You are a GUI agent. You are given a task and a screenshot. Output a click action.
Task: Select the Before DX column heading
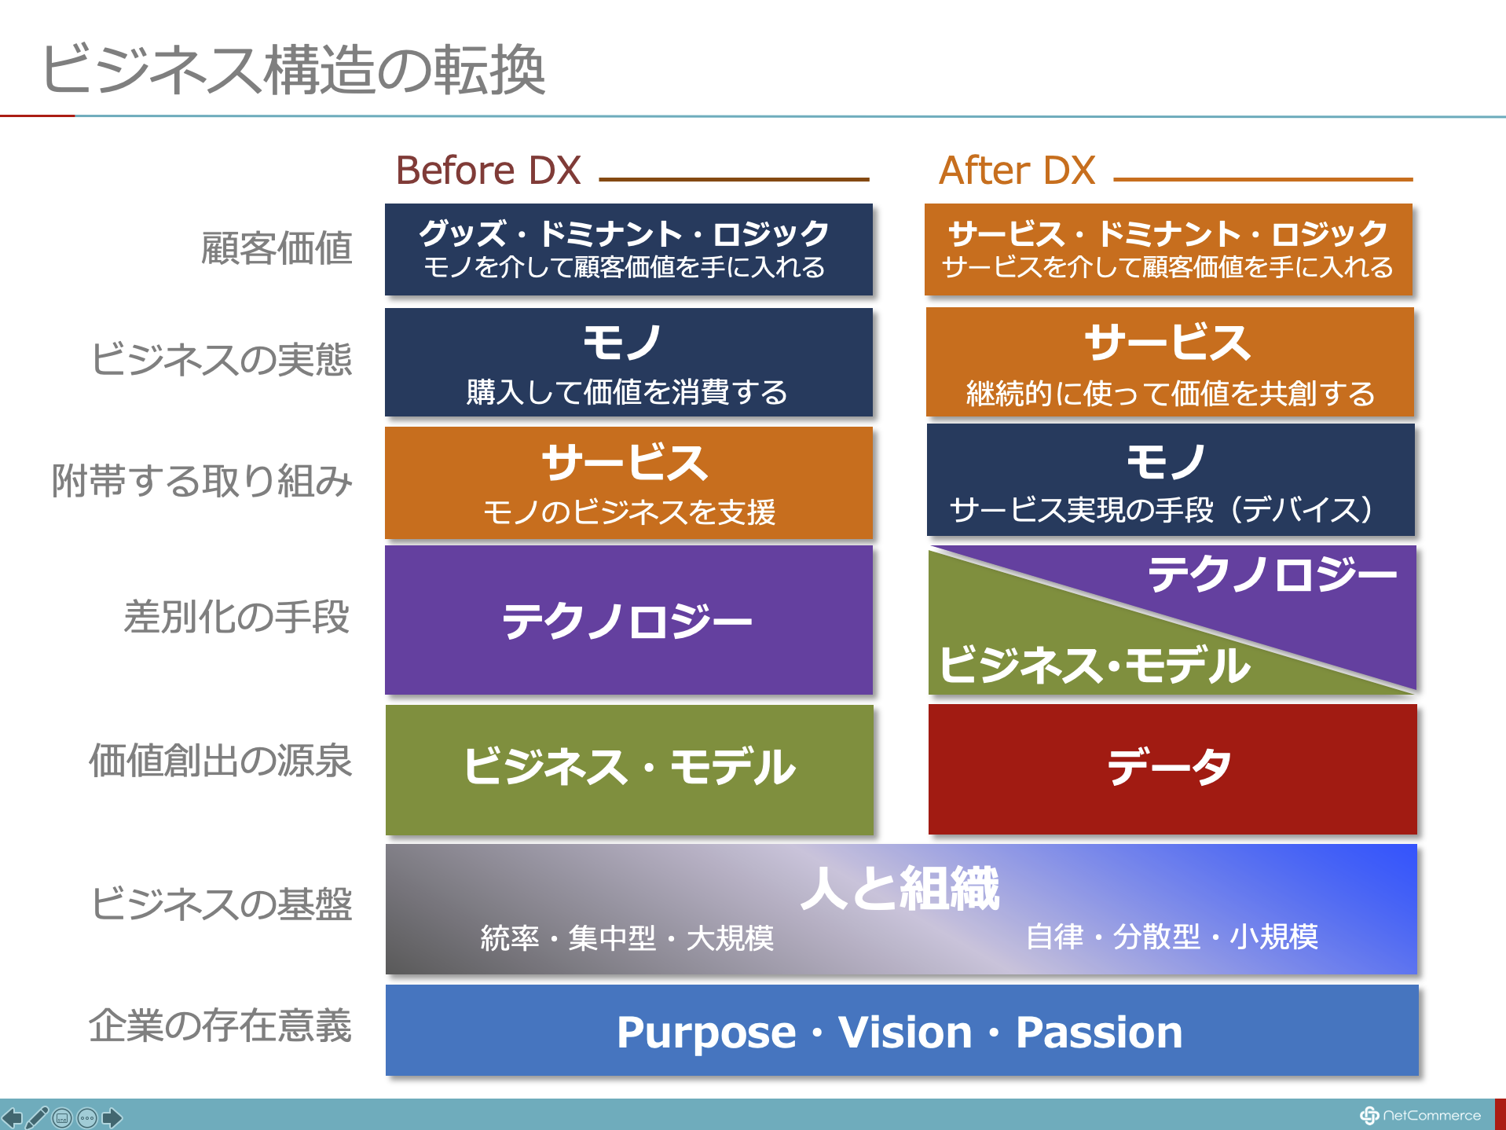click(x=488, y=171)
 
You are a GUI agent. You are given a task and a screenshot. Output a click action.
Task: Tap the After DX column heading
click(x=1017, y=171)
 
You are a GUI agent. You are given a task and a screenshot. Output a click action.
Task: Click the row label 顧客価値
click(x=277, y=248)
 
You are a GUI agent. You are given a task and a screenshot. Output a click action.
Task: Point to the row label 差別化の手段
click(x=236, y=617)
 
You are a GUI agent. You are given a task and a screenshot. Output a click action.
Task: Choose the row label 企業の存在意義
click(x=220, y=1025)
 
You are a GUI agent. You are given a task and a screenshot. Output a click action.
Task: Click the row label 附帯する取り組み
click(x=202, y=481)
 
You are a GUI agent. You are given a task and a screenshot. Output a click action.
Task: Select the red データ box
click(x=1172, y=769)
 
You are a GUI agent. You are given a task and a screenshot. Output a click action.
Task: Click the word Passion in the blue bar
click(x=1099, y=1032)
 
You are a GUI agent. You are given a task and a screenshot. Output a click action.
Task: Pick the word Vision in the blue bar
click(x=905, y=1032)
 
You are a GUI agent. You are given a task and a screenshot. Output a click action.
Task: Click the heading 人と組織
click(x=900, y=889)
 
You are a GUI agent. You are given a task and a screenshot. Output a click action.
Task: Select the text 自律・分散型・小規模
click(x=1172, y=937)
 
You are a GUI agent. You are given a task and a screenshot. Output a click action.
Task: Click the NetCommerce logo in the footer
click(x=1420, y=1115)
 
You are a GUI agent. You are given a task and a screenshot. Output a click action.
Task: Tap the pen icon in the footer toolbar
click(x=37, y=1117)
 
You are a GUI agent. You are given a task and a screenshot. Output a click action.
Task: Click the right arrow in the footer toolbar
click(x=112, y=1117)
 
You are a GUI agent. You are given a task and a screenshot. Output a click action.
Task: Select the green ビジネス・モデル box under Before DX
click(x=629, y=770)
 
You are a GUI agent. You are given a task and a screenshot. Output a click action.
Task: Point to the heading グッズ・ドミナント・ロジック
click(x=624, y=233)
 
